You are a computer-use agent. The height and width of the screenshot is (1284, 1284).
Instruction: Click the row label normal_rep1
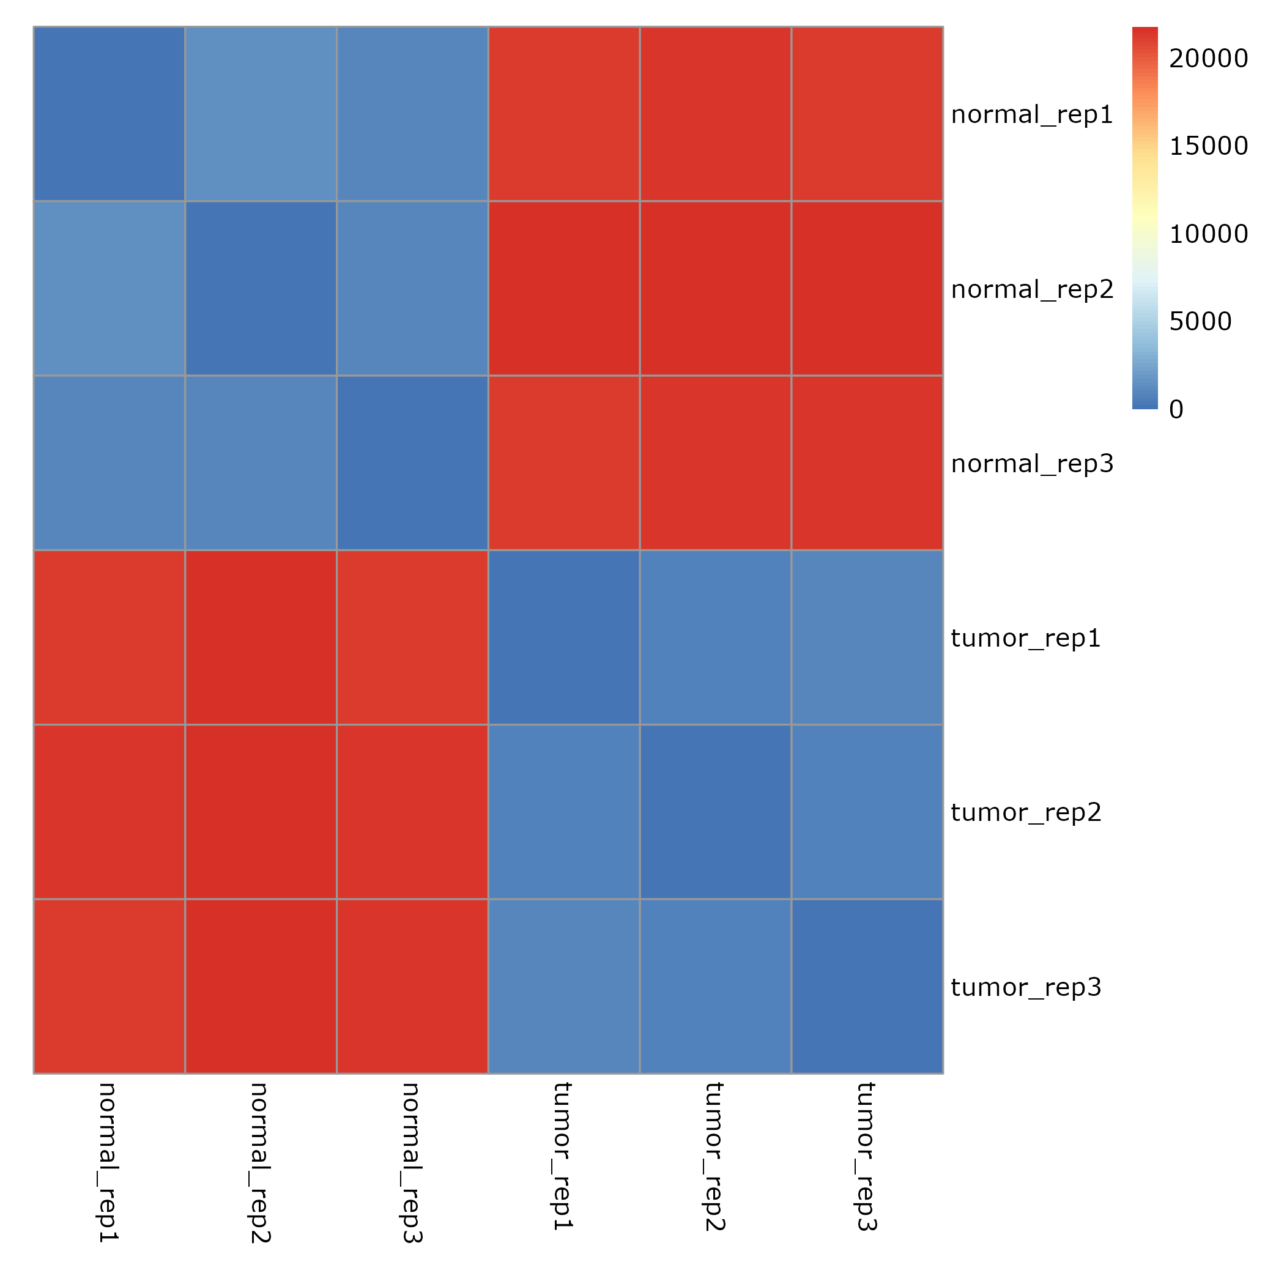point(1031,115)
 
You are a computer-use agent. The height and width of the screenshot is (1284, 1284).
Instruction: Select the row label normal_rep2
point(1031,290)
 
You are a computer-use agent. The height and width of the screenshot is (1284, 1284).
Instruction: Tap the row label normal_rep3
point(1031,464)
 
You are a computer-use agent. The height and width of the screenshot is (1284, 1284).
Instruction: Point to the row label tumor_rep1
point(1025,639)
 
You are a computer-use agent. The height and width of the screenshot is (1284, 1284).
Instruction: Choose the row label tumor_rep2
point(1025,813)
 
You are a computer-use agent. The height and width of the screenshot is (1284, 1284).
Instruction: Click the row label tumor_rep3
point(1025,987)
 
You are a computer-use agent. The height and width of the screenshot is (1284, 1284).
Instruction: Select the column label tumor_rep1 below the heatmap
point(563,1156)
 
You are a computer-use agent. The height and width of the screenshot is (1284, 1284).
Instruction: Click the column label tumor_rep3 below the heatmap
point(867,1156)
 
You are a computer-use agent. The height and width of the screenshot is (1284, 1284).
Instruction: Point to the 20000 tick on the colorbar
point(1208,59)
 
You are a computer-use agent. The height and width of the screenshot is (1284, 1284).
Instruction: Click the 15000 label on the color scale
point(1208,146)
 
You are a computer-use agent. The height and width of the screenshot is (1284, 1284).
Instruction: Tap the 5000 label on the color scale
point(1200,322)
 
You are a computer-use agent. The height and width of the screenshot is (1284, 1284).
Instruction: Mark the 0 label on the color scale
point(1176,410)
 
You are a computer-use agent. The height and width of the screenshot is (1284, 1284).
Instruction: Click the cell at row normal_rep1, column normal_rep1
point(109,114)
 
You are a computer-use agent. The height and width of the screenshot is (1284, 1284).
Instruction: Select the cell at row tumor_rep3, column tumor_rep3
point(867,986)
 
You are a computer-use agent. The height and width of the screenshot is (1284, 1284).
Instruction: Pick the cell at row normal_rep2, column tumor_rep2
point(715,289)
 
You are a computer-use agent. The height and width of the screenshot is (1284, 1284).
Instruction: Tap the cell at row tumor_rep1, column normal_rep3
point(412,637)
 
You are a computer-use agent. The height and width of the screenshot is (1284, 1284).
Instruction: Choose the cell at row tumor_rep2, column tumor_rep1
point(563,812)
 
